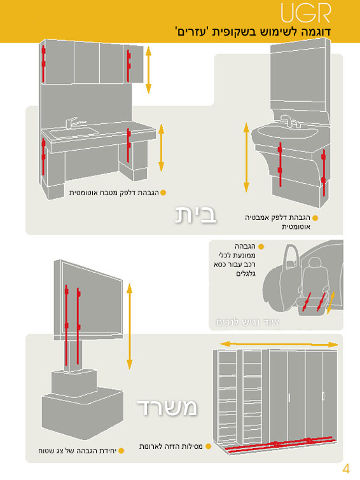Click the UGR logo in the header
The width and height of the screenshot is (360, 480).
tap(306, 13)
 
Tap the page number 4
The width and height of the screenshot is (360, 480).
tap(345, 469)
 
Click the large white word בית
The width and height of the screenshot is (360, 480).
tap(195, 215)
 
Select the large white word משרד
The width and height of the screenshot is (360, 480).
tap(167, 408)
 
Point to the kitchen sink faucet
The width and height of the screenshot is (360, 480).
tap(74, 123)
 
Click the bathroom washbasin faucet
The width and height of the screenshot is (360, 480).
tap(289, 121)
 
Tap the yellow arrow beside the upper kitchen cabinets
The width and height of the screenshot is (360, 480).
tap(149, 70)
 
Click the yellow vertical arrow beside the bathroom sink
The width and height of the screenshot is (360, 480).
tap(246, 157)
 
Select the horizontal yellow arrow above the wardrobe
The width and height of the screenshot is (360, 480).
tap(279, 345)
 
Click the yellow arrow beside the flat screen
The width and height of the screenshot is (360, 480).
tap(129, 326)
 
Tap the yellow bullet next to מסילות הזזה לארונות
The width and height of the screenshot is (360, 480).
tap(209, 446)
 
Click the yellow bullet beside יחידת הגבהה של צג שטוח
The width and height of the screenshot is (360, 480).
tap(121, 451)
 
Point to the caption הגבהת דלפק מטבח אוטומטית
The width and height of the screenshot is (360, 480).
tap(114, 193)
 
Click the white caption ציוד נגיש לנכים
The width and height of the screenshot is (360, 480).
tap(247, 322)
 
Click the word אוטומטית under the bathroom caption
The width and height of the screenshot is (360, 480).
tap(296, 227)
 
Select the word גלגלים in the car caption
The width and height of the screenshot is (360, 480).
tap(246, 273)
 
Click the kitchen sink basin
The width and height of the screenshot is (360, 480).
tap(74, 133)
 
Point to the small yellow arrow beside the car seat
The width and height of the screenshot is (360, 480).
tap(331, 303)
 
